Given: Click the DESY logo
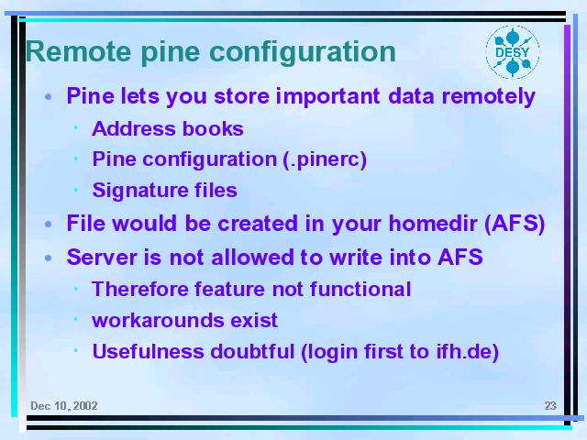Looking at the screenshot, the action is point(513,52).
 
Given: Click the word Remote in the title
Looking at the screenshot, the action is point(79,51).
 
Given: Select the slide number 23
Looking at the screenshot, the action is point(550,406).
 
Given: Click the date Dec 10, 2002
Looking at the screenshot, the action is point(64,406).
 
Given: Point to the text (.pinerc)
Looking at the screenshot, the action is point(325,159).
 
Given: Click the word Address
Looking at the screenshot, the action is point(133,128).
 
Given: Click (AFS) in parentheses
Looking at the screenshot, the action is point(515,224).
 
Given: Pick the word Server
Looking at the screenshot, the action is point(103,258).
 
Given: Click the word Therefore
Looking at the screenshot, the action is point(140,290).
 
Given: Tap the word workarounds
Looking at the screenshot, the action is point(158,321).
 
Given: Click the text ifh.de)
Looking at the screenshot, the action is point(468,352).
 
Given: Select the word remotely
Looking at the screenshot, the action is point(489,97).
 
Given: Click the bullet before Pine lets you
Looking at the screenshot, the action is point(48,97).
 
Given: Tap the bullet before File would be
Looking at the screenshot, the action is point(48,224).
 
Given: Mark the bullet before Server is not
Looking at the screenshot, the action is point(48,258).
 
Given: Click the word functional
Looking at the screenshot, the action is point(360,290).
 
